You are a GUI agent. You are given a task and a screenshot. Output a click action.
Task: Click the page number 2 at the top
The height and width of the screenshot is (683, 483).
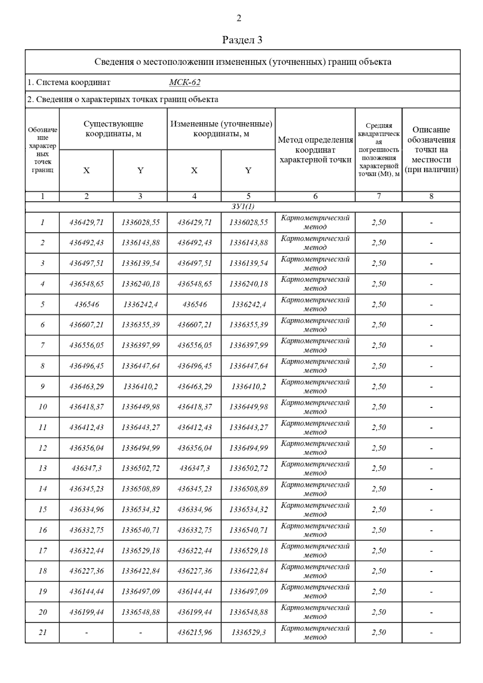coord(239,18)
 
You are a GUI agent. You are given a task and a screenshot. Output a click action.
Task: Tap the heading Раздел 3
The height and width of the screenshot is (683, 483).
coord(242,40)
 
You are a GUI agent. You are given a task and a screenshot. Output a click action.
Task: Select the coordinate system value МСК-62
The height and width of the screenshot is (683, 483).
coord(185,82)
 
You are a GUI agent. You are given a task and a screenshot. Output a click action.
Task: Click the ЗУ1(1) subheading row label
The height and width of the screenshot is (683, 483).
coord(243,207)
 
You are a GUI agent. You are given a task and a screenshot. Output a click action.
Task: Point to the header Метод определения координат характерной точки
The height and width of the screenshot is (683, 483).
coord(315,150)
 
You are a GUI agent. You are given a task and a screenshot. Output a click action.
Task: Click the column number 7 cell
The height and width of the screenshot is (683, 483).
coord(378,196)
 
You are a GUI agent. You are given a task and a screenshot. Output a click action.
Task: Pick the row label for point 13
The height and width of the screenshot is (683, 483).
coord(43,468)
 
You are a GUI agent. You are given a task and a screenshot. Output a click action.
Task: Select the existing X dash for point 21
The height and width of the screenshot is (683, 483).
coord(87,633)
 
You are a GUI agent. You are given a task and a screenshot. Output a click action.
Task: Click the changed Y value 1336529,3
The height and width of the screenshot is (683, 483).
coord(248,633)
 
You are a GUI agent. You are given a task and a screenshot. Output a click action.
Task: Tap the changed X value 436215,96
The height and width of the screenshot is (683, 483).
coord(194,633)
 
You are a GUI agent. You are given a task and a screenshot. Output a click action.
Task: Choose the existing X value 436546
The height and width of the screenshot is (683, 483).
coord(87,304)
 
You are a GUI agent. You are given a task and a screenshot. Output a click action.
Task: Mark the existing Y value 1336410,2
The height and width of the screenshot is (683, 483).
coord(140,387)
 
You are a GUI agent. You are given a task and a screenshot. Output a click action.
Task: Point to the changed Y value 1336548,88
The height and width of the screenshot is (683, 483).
coord(248,612)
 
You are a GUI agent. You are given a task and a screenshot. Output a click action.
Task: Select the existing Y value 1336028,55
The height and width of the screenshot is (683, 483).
coord(140,222)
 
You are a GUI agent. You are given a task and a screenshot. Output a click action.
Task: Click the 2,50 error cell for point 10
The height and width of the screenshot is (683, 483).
coord(379,407)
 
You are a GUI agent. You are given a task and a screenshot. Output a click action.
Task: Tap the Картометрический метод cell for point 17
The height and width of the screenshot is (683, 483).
coord(315,551)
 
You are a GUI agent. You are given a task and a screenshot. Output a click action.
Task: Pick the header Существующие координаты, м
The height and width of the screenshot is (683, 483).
coord(113,129)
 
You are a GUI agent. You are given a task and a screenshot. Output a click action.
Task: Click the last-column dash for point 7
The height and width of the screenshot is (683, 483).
coord(431,346)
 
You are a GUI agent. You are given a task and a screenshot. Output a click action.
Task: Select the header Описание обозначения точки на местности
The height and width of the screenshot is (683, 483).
coord(431,150)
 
